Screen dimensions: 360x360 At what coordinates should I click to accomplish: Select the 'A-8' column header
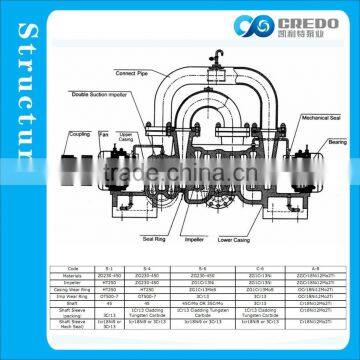point(316,267)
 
